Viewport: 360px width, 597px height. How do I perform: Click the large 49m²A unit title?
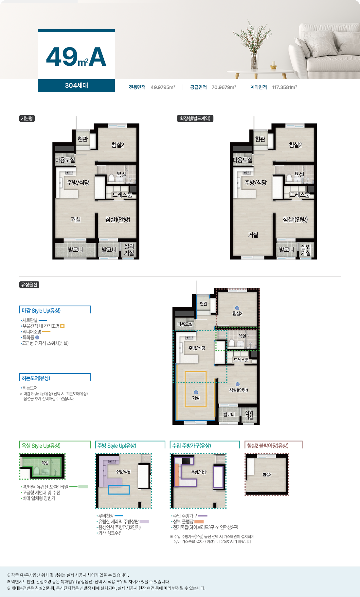click(x=76, y=57)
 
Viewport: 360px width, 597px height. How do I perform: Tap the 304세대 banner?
click(x=76, y=85)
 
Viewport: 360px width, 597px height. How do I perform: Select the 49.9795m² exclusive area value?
click(x=163, y=87)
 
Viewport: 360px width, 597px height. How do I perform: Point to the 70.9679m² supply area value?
click(x=224, y=87)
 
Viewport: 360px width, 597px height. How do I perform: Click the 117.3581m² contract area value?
click(x=284, y=87)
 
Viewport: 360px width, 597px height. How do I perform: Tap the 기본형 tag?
click(x=27, y=118)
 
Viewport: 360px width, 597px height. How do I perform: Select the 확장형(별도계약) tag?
click(x=195, y=118)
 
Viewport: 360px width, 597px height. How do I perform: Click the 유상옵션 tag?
click(x=29, y=285)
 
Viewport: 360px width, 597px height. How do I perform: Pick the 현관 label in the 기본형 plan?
click(x=83, y=139)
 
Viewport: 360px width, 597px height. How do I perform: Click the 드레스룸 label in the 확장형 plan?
click(x=300, y=195)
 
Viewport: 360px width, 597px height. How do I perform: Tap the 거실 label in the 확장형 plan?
click(x=253, y=235)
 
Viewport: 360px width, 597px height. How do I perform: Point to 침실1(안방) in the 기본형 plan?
click(x=118, y=219)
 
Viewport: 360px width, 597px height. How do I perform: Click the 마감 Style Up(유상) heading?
click(x=41, y=311)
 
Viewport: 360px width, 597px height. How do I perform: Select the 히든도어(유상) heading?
click(x=36, y=378)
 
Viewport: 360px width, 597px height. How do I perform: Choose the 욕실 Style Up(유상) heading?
click(x=41, y=446)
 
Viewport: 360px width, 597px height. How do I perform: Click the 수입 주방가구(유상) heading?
click(x=191, y=446)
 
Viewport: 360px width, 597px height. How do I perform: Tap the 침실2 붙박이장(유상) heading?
click(x=268, y=446)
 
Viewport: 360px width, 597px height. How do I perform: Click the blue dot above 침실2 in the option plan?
click(x=237, y=308)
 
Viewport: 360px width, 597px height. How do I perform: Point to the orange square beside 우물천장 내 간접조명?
click(x=63, y=326)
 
